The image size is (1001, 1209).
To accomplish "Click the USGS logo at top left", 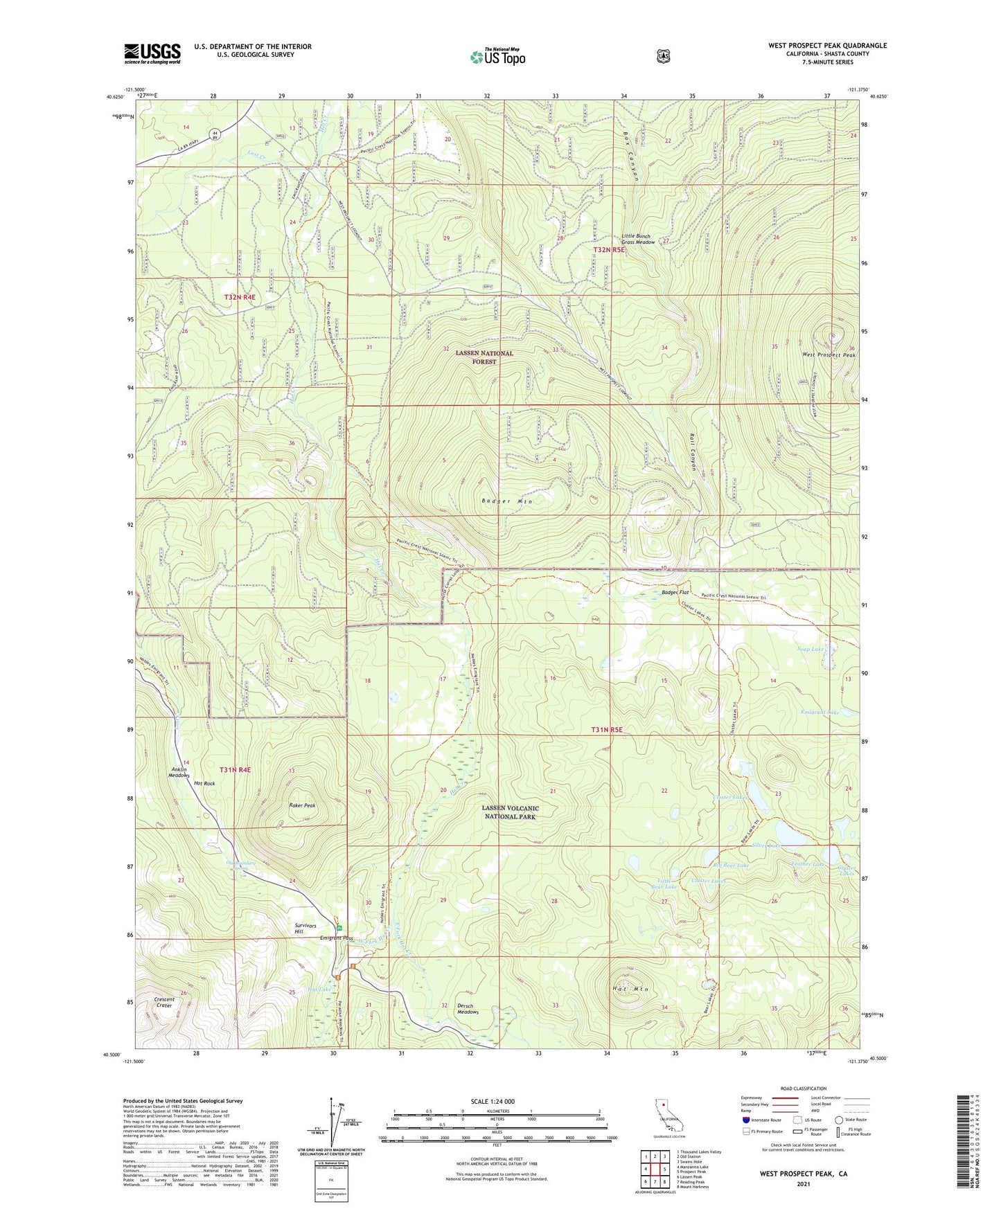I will pos(152,53).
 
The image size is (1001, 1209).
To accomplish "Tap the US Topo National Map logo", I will pos(497,57).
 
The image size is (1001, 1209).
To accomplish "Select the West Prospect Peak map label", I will pos(829,355).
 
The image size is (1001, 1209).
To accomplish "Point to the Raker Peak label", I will pos(302,806).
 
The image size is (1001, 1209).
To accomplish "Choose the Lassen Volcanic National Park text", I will pos(510,812).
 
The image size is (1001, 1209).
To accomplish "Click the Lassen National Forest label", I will pos(484,357).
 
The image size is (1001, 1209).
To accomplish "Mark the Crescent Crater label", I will pos(164,1002).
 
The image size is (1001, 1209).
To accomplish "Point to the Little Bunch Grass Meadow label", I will pos(638,239).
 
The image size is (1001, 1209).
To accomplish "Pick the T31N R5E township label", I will pos(607,730).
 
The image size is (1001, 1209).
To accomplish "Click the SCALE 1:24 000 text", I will pos(492,1102).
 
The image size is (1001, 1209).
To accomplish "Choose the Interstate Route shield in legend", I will pos(746,1120).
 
